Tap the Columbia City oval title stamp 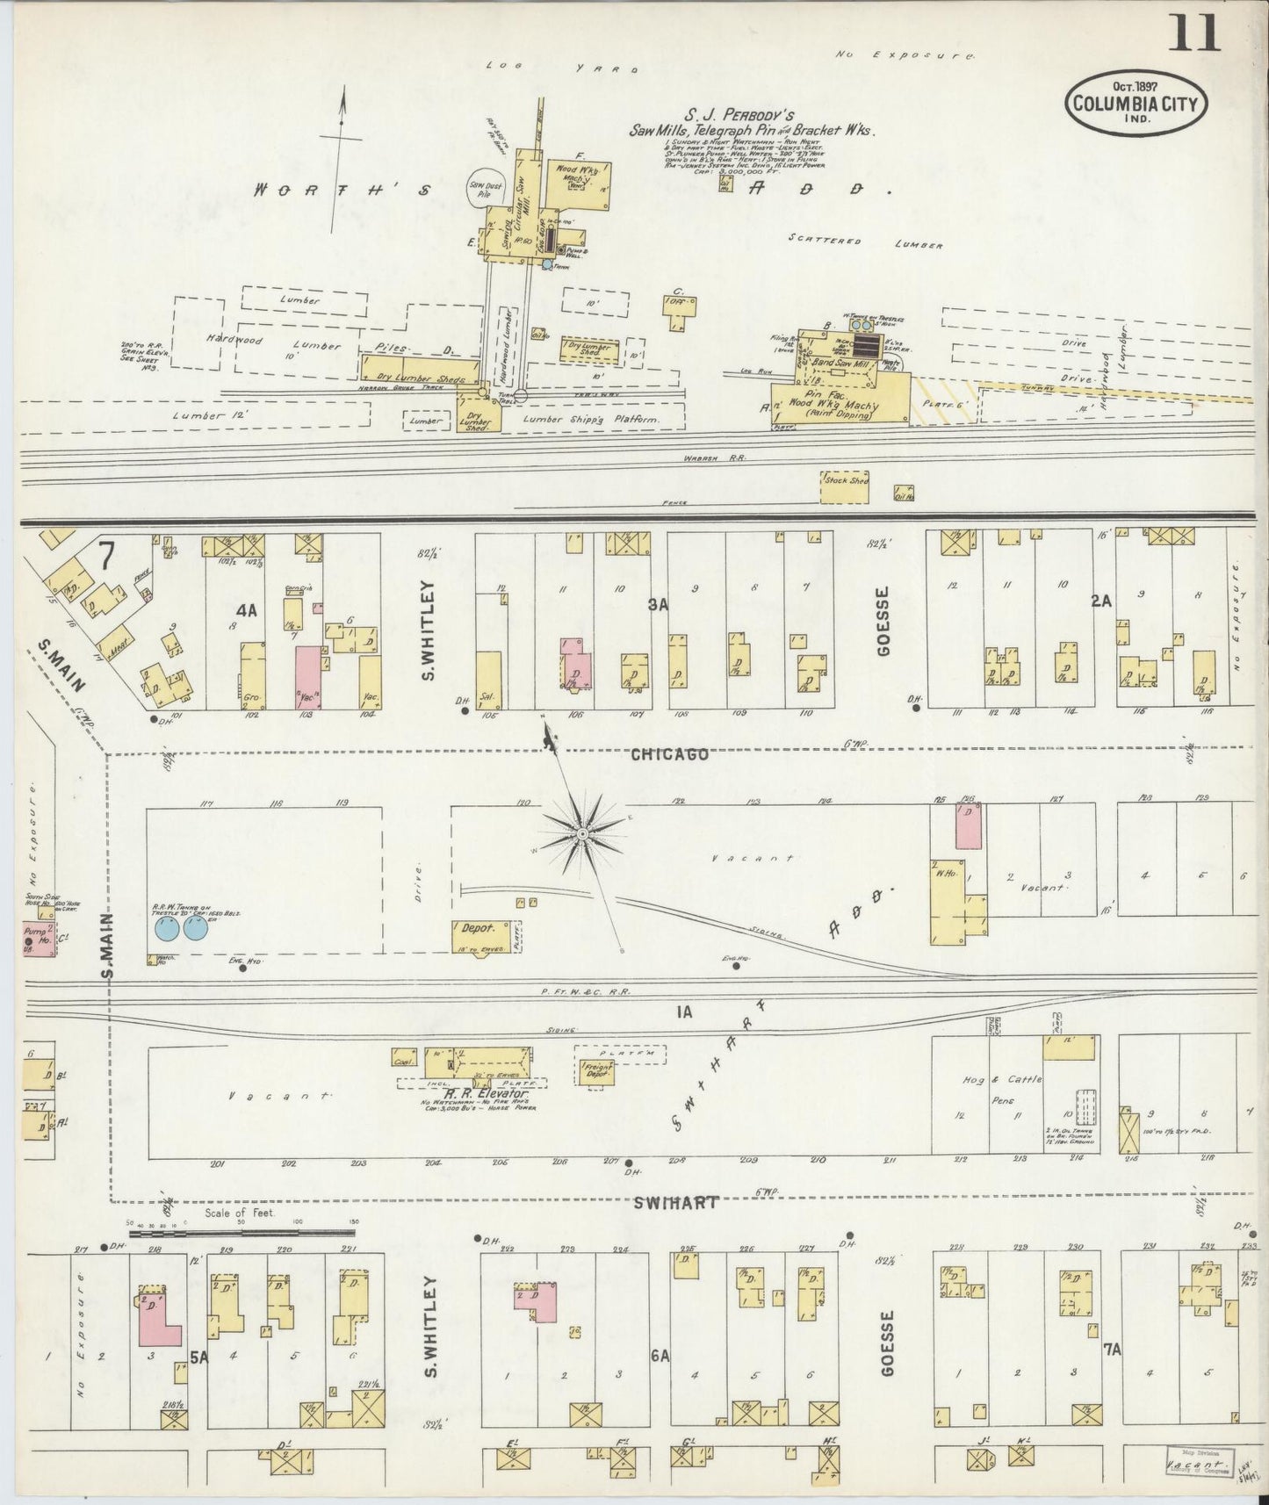[x=1136, y=104]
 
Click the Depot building [x=476, y=937]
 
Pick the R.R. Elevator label [x=474, y=1095]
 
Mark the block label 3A [x=659, y=604]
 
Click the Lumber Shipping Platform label [x=590, y=421]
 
